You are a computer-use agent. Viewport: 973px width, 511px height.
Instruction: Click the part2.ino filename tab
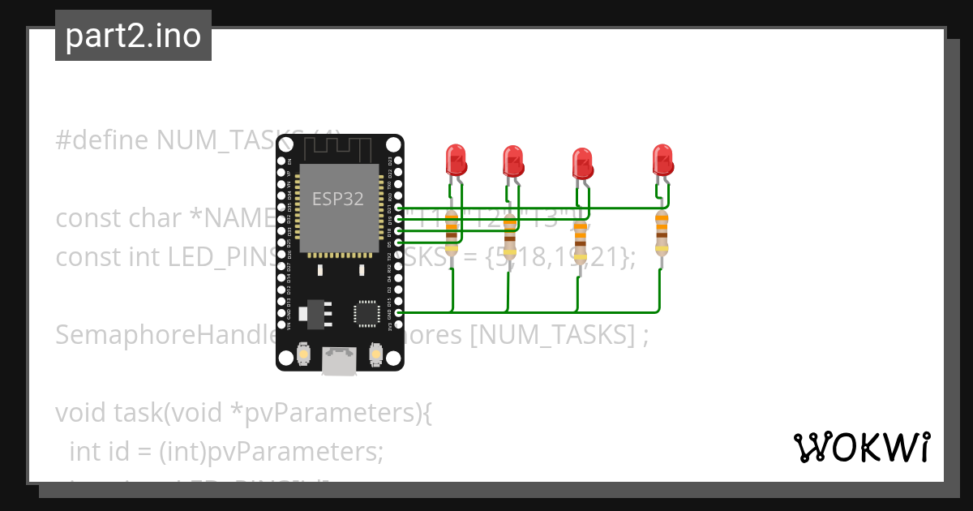pos(133,36)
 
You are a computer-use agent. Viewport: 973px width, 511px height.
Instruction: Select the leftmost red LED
pos(456,160)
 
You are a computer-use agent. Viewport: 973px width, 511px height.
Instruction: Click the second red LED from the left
pos(512,161)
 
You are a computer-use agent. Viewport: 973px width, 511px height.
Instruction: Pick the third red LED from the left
pos(581,164)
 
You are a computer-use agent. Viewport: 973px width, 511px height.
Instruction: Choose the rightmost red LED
pos(663,160)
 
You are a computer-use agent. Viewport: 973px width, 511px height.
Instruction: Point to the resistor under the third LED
pos(580,236)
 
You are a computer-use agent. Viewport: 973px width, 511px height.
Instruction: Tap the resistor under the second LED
pos(509,236)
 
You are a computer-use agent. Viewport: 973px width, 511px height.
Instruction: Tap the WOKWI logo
pos(860,447)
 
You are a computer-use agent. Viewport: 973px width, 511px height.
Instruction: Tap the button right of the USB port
pos(375,354)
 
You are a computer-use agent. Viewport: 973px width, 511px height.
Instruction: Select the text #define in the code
pos(102,140)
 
